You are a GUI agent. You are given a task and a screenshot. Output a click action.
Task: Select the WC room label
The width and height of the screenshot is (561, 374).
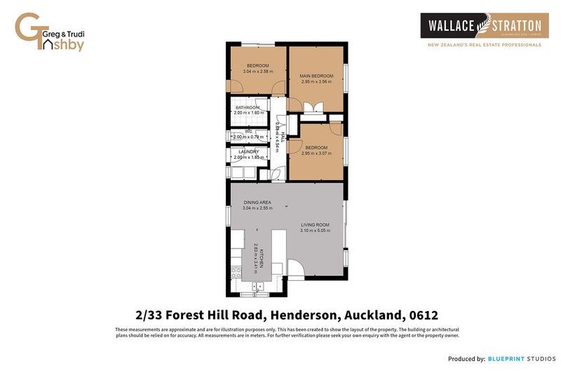click(x=249, y=131)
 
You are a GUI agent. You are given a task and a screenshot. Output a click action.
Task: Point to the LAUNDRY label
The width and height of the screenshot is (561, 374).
click(x=249, y=151)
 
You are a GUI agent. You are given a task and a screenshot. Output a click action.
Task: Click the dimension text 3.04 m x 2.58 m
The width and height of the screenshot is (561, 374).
click(x=257, y=71)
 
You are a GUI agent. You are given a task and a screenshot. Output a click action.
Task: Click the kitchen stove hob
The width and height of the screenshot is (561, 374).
click(x=236, y=272)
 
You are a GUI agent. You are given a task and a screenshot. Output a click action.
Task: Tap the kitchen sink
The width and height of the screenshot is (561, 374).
click(x=259, y=285)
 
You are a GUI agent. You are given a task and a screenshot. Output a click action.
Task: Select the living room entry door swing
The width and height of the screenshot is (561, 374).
click(x=295, y=268)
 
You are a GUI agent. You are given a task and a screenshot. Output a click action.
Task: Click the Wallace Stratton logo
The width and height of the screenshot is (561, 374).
click(x=480, y=26)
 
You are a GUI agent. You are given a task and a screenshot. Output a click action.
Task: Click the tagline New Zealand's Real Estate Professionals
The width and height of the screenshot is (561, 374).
click(x=485, y=45)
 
